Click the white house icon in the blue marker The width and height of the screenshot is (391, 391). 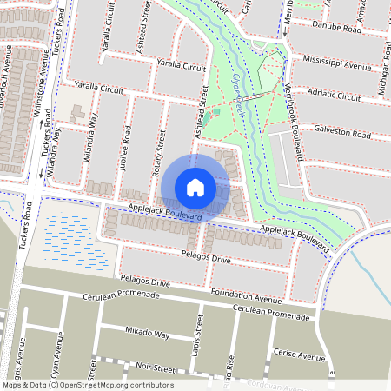pos(195,188)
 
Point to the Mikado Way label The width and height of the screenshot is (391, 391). pos(146,333)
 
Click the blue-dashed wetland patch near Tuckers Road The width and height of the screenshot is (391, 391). pos(76,240)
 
